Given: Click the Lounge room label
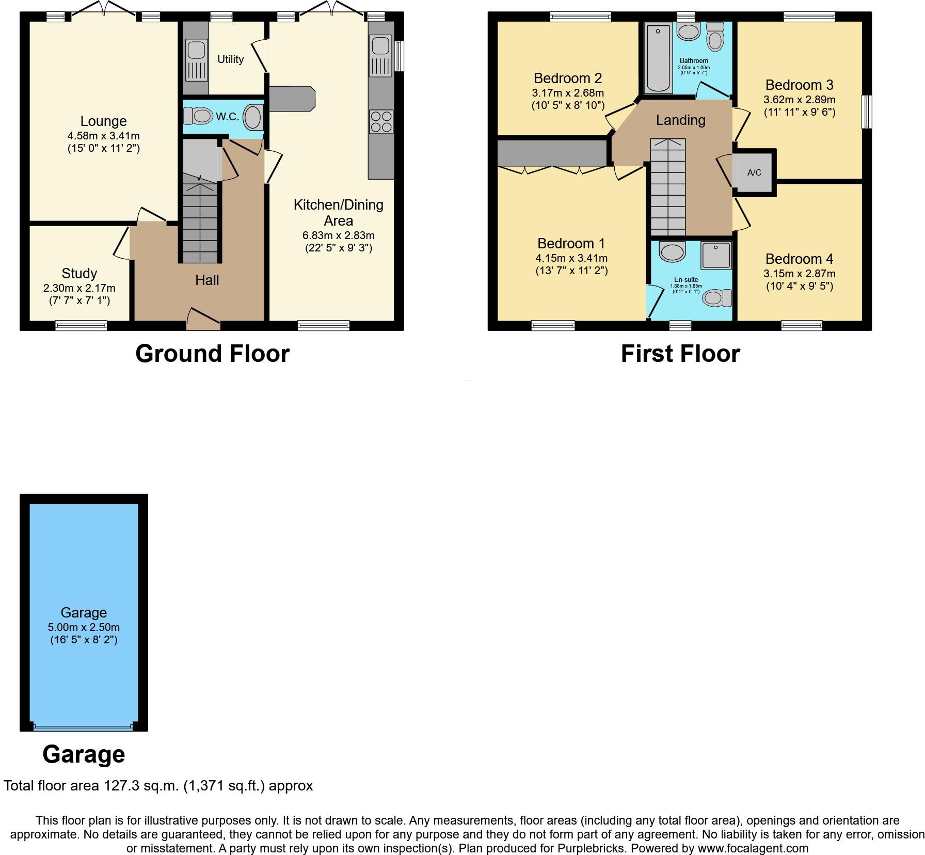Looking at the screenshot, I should [103, 121].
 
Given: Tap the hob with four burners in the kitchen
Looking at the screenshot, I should [381, 122].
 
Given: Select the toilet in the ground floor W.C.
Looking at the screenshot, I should [198, 116].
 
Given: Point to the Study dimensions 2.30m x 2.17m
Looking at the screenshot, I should [79, 288].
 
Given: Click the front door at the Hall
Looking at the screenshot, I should [203, 319].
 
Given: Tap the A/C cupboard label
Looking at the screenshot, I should [754, 172].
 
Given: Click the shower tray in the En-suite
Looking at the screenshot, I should [716, 255].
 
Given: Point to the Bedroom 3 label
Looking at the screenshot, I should [799, 85].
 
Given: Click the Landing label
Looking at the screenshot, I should [680, 120].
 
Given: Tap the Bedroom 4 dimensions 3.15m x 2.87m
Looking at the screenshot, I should [799, 274].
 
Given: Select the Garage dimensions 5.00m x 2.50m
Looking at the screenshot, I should [84, 627].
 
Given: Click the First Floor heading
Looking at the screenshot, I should [680, 354].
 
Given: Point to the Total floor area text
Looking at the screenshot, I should [158, 786].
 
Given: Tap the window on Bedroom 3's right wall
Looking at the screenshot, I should [867, 112].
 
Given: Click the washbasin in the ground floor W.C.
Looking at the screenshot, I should [252, 117].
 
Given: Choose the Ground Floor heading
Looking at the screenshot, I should [212, 354].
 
